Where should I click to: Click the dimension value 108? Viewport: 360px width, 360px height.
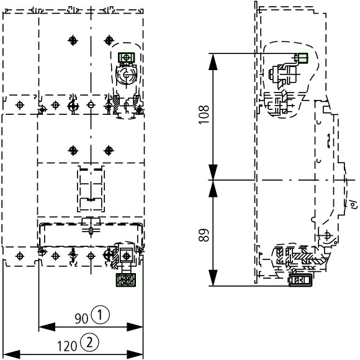pos(204,115)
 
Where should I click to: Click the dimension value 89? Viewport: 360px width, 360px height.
pos(204,235)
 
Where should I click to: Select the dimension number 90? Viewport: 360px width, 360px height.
pos(81,318)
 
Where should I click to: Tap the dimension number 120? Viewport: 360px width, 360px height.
pos(67,346)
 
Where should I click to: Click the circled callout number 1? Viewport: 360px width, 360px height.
pos(101,315)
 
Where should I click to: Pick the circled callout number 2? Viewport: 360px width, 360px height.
pos(89,343)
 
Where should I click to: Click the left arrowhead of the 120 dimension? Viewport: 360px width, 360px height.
pos(12,354)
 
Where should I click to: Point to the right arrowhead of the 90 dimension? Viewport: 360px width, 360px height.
pos(135,327)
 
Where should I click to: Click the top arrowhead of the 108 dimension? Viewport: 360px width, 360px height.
pos(213,61)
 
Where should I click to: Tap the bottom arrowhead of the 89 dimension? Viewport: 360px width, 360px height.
pos(213,278)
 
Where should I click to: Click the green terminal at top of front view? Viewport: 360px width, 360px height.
pos(126,57)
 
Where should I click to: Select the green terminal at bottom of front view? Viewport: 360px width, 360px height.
pos(125,280)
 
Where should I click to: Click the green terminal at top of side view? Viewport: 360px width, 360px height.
pos(302,58)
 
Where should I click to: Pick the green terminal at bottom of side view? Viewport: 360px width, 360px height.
pos(300,280)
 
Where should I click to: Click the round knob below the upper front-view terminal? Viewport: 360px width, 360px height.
pos(126,74)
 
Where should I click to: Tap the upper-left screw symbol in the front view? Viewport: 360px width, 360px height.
pos(73,40)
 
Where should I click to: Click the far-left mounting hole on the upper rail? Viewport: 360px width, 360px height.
pos(20,105)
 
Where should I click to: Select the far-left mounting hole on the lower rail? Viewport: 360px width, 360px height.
pos(20,256)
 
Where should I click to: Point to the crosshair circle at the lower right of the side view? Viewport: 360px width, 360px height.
pos(327,235)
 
